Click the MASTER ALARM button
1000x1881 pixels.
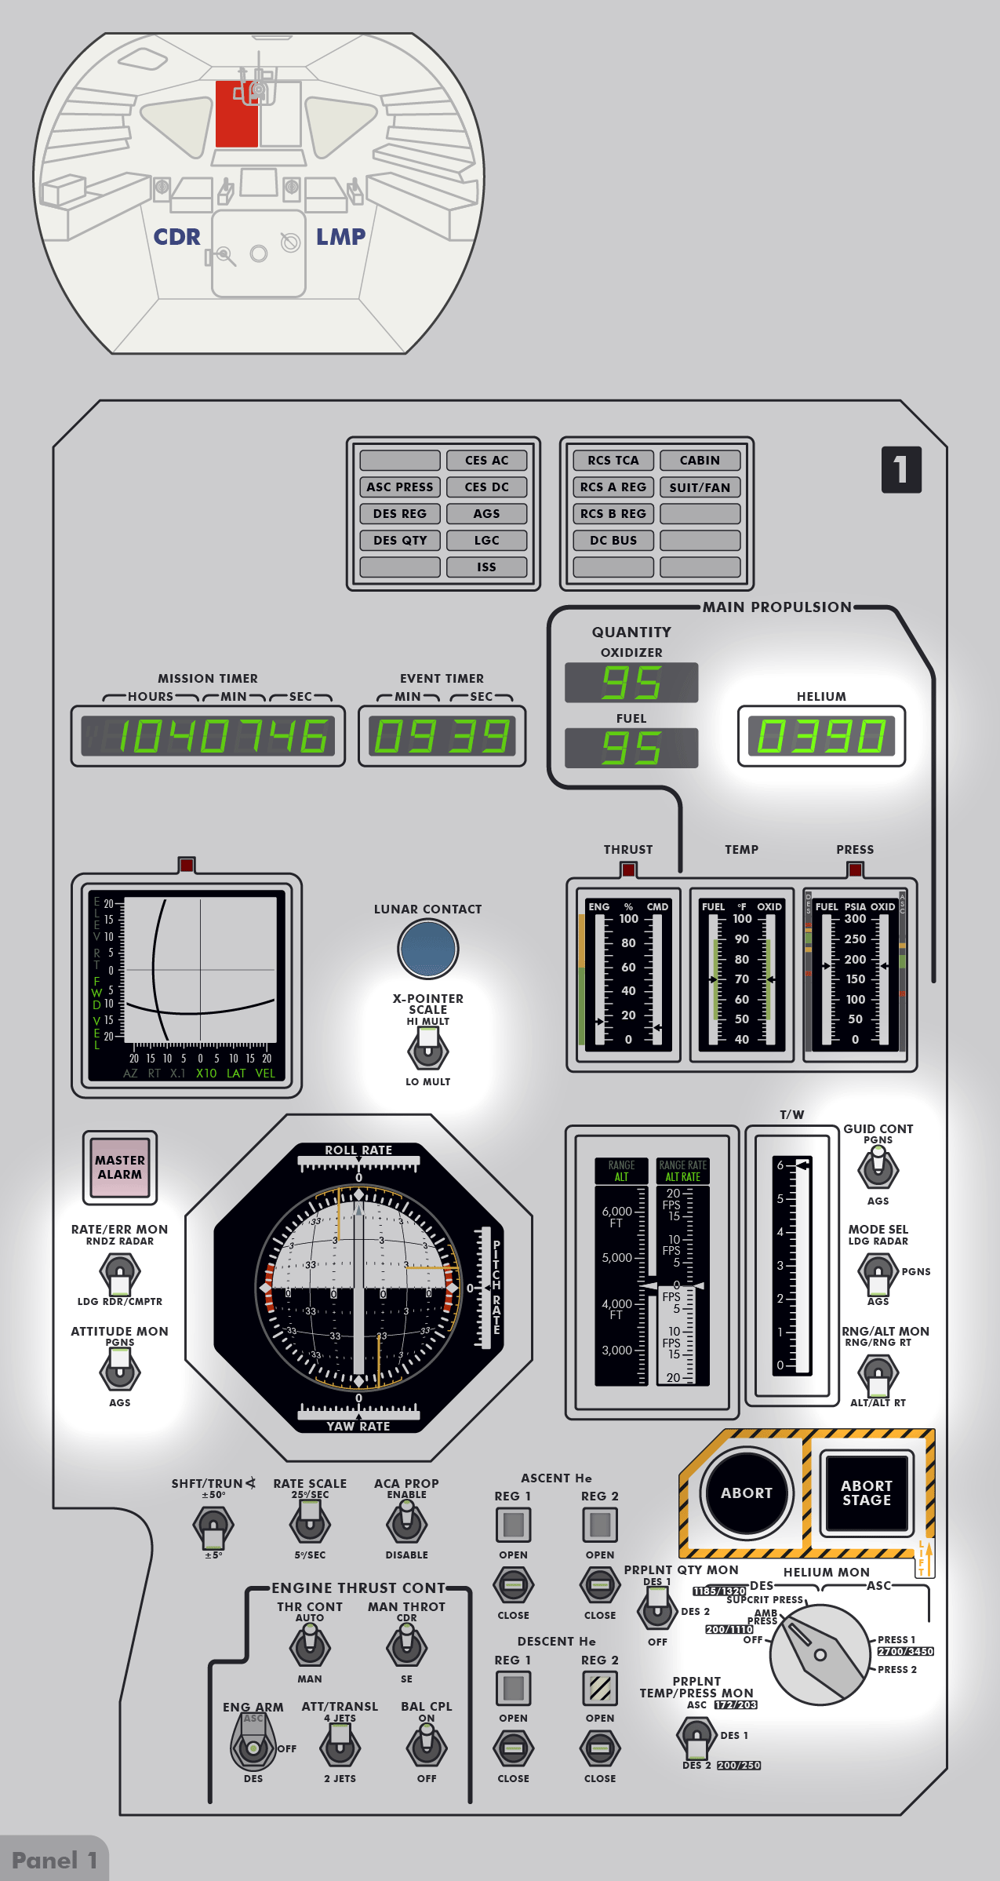[x=120, y=1167]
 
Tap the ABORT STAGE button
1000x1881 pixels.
[x=866, y=1493]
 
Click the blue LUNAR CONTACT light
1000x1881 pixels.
[x=427, y=948]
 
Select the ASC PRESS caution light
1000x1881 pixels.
[x=400, y=487]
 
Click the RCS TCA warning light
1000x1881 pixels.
[x=613, y=460]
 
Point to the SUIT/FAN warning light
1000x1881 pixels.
[x=700, y=487]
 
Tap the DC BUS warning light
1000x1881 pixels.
[x=613, y=540]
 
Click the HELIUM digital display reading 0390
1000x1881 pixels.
[x=821, y=736]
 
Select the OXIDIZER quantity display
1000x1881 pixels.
[x=631, y=682]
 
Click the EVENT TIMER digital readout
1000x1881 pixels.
[x=442, y=736]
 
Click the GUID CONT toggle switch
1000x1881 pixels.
[x=878, y=1167]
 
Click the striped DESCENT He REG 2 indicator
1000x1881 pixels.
[x=600, y=1688]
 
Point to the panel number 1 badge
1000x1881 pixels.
[x=901, y=469]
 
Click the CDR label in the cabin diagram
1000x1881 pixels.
[x=176, y=236]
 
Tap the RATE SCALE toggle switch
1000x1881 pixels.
[x=310, y=1523]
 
